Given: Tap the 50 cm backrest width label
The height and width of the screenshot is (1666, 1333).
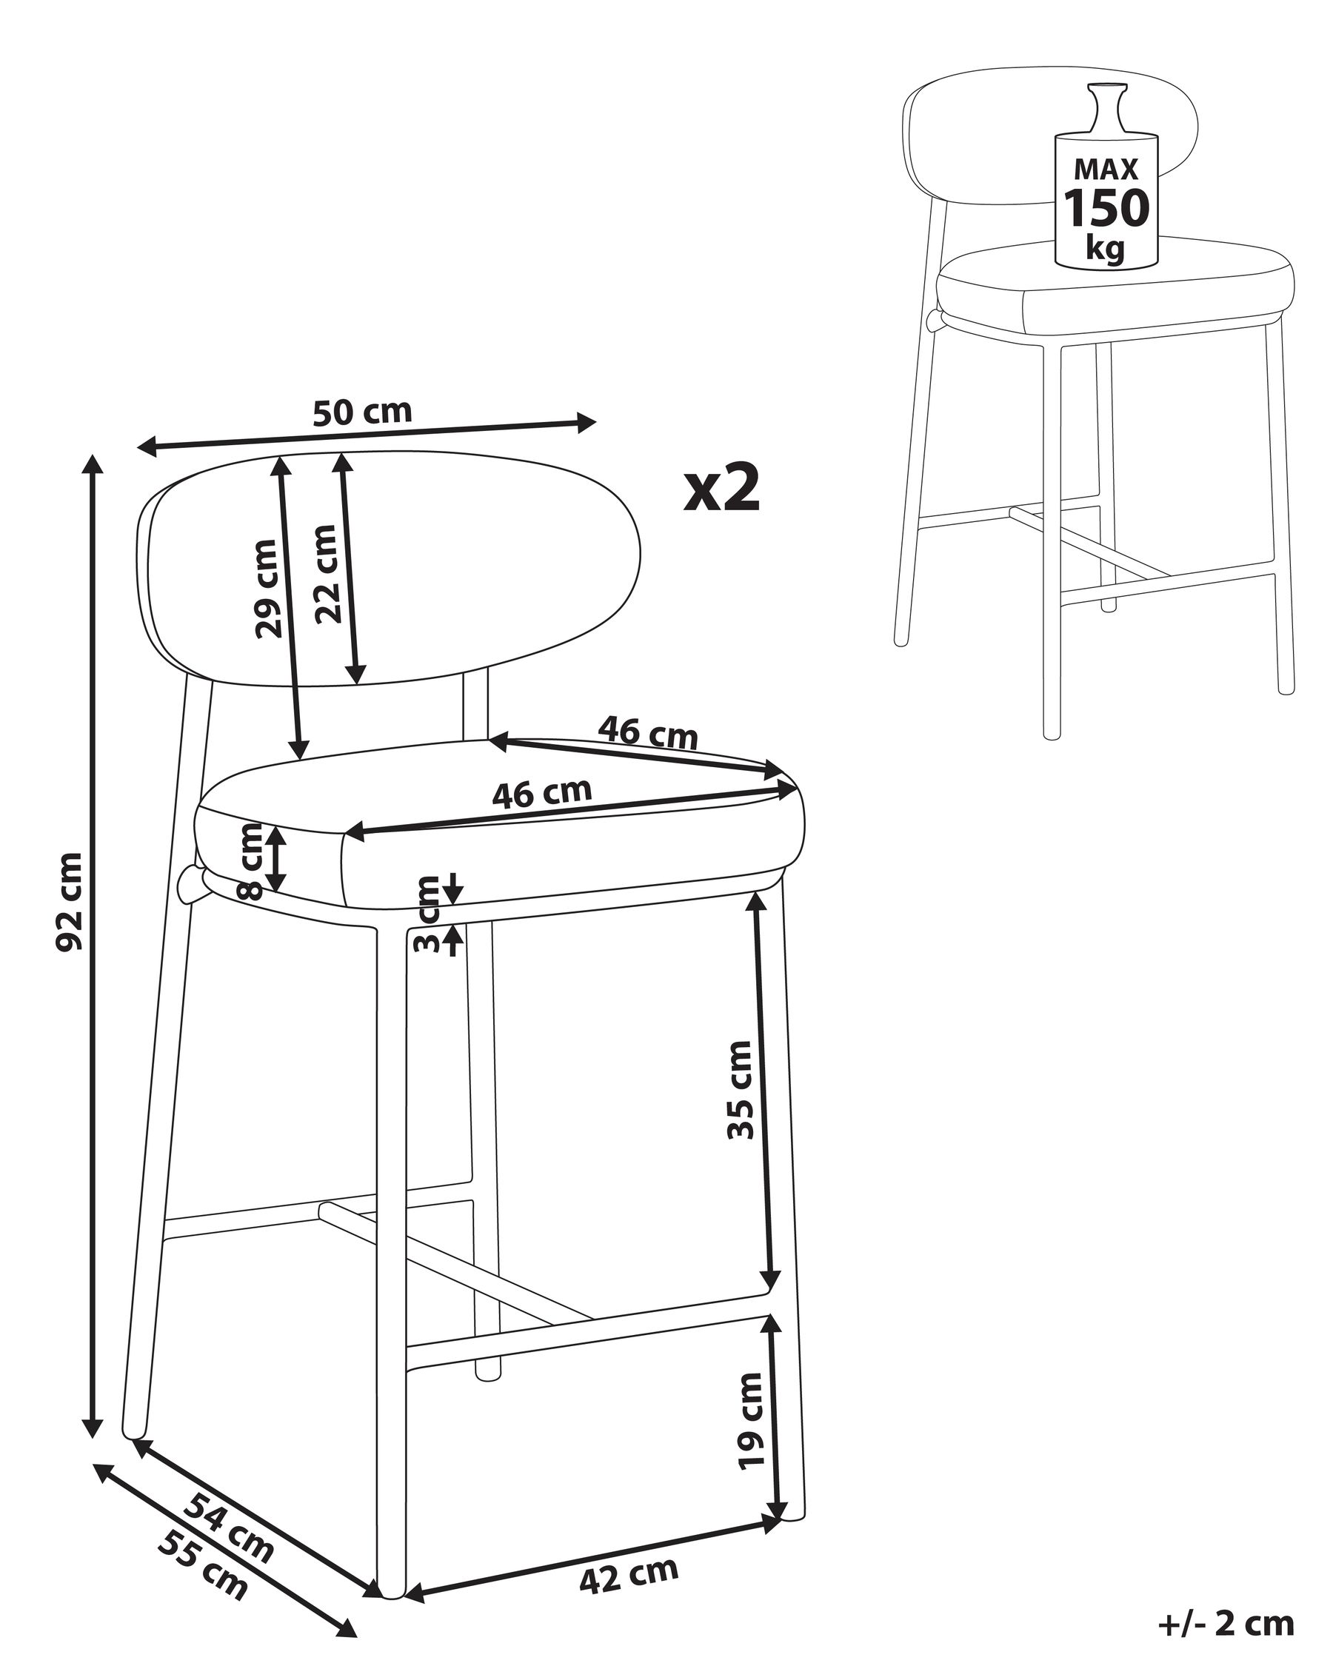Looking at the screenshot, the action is (x=362, y=412).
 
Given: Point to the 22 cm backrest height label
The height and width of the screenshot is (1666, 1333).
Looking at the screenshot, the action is (x=327, y=573).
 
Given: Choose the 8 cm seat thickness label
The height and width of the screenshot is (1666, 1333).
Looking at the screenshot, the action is (x=252, y=863).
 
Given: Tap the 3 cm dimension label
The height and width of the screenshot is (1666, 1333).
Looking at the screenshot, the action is (x=427, y=916).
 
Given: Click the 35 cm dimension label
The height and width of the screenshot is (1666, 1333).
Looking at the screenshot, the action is (x=740, y=1089).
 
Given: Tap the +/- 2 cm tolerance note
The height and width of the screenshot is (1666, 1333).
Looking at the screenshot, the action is (x=1226, y=1624).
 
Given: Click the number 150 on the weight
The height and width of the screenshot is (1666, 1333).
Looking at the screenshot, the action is (x=1106, y=208).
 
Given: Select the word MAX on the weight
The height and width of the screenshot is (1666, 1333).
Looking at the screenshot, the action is (x=1106, y=169).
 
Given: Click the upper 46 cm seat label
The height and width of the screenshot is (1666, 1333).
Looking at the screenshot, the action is (x=648, y=732).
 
